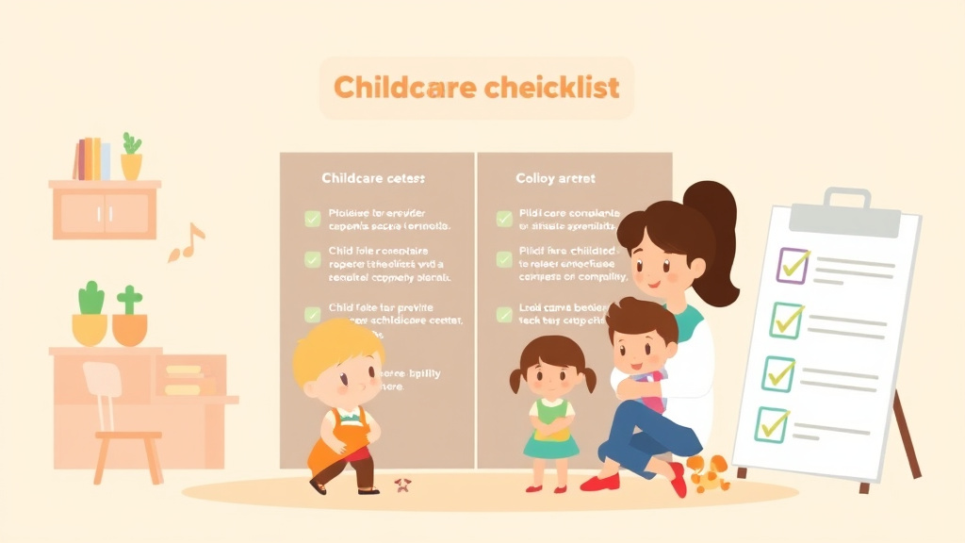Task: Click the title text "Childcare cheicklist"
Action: (476, 88)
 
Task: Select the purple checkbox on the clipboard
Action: (793, 266)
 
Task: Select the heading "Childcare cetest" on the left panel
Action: (373, 177)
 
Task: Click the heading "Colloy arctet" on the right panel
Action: (555, 177)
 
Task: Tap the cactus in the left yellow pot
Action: (90, 299)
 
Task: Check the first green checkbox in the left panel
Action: (312, 219)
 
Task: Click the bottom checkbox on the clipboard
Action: (773, 424)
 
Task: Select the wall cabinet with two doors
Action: (104, 210)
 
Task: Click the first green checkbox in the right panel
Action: (504, 219)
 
